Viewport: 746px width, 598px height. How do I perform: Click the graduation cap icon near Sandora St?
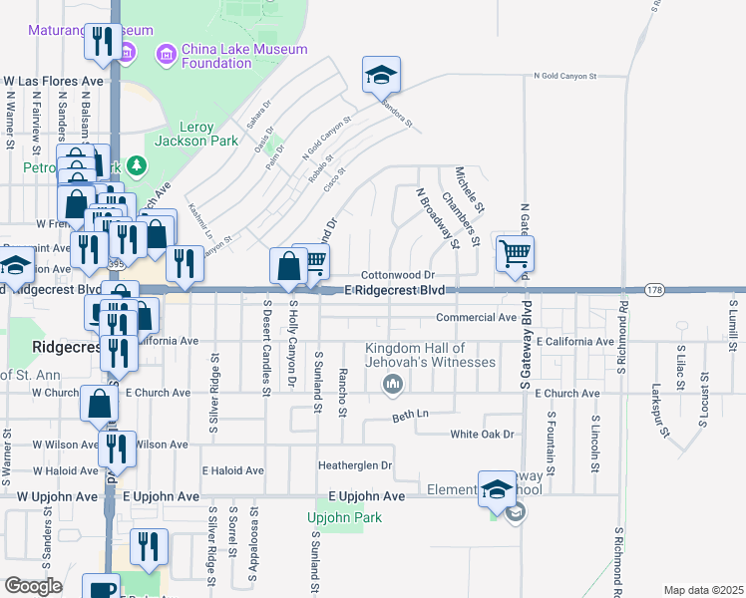click(381, 75)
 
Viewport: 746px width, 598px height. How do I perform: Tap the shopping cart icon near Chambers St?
click(515, 253)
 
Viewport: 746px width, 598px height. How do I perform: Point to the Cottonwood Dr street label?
click(399, 274)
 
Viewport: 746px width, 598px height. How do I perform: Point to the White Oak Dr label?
click(482, 434)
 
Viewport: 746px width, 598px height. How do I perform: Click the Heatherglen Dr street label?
click(355, 464)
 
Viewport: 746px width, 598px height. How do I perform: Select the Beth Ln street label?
click(410, 415)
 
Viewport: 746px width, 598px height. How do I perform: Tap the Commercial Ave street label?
click(476, 317)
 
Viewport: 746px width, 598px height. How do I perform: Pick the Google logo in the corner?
click(33, 586)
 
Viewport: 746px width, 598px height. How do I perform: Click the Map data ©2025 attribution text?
click(704, 590)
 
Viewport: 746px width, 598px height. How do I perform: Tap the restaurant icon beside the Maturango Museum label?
click(103, 42)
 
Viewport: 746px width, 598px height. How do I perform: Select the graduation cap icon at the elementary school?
click(497, 488)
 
